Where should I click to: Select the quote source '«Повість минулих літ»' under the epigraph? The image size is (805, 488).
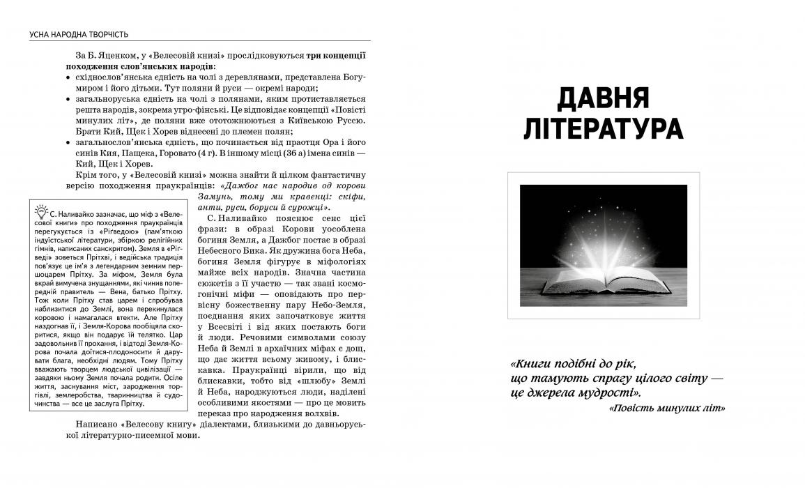click(x=666, y=408)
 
